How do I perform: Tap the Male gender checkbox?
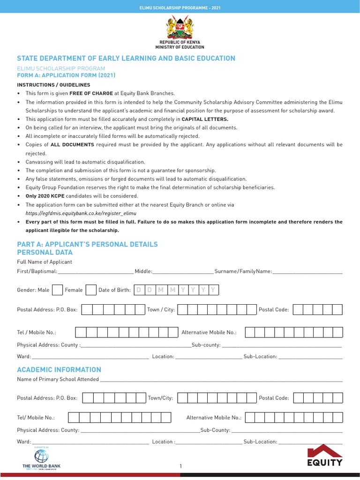click(x=57, y=290)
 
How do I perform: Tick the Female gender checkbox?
click(x=91, y=290)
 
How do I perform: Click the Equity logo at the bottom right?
click(x=325, y=456)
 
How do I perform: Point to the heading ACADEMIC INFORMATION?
click(x=59, y=369)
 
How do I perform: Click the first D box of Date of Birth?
click(x=138, y=290)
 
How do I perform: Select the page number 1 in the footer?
click(x=180, y=466)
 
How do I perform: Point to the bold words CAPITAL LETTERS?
click(x=205, y=119)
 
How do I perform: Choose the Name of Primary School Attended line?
click(x=221, y=380)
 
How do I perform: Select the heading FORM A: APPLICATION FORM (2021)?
click(x=66, y=75)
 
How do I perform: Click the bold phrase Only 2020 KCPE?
click(x=45, y=196)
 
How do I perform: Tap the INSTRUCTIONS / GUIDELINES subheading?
click(x=53, y=85)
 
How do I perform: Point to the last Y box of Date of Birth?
click(x=213, y=290)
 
